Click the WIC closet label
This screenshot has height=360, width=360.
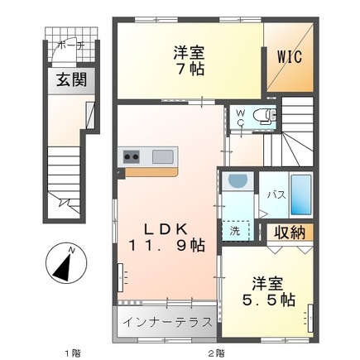click(289, 57)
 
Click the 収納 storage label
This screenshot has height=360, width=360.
click(288, 231)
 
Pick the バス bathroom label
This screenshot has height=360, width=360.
click(276, 195)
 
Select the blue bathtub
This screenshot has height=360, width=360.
click(301, 196)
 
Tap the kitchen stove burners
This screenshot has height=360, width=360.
click(132, 156)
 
